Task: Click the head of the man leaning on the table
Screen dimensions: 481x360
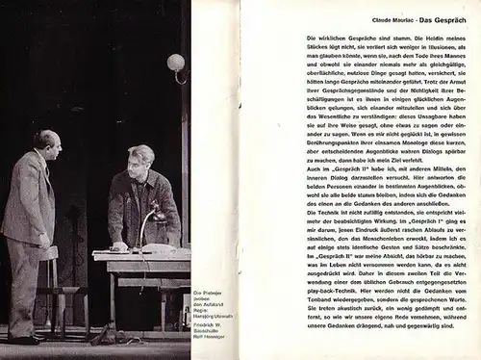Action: (138, 157)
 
